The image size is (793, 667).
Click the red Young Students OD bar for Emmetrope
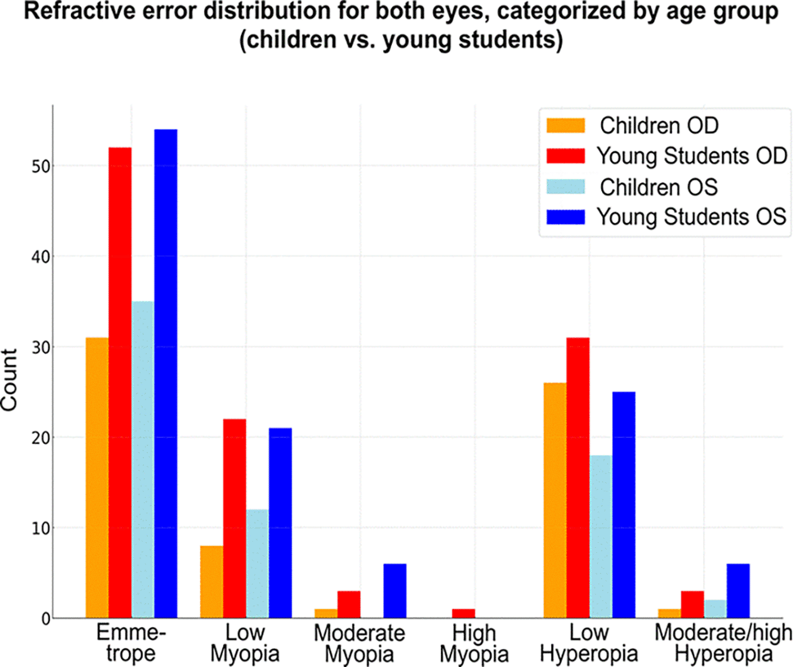(x=120, y=383)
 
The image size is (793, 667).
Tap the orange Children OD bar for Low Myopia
(x=212, y=582)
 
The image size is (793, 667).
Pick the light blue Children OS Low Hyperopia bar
(x=600, y=537)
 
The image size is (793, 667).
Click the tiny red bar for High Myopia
(x=463, y=613)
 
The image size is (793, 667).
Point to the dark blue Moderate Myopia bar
(x=395, y=591)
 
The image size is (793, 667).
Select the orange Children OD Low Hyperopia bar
(x=555, y=501)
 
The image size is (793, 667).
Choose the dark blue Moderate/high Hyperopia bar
(x=738, y=591)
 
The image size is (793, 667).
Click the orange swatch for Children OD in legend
(x=566, y=125)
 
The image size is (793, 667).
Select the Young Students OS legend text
(x=691, y=217)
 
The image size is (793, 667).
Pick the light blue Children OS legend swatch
(x=566, y=186)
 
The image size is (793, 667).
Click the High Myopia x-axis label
(x=474, y=643)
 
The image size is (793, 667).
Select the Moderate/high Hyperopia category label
(x=723, y=643)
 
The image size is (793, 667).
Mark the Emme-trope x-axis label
(x=131, y=643)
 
